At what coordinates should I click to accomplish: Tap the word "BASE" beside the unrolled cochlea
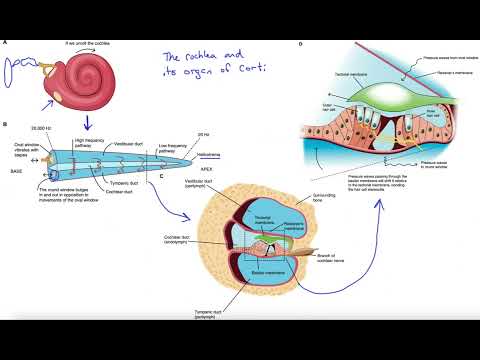click(17, 171)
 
